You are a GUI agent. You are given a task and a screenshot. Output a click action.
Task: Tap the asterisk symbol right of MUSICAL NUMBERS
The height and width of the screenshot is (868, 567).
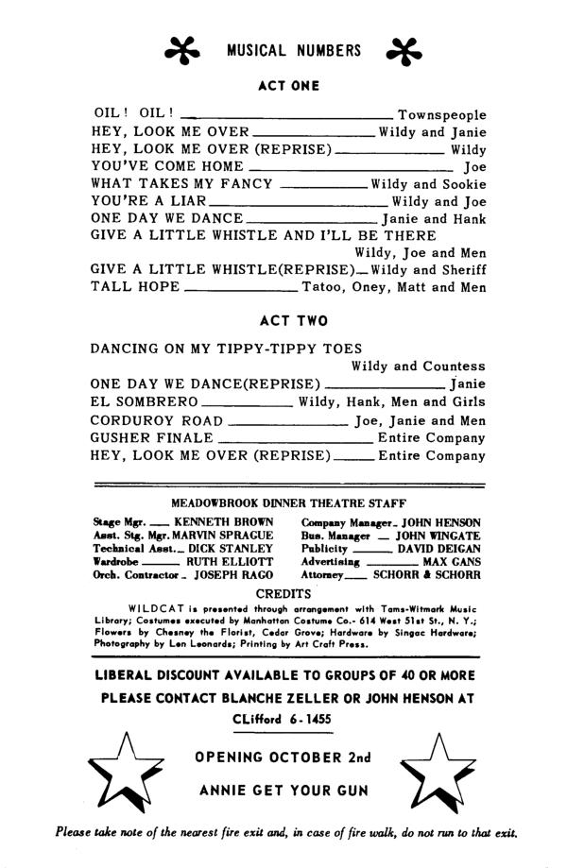tap(404, 51)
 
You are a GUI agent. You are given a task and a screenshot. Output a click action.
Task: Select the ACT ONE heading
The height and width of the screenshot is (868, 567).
tap(288, 86)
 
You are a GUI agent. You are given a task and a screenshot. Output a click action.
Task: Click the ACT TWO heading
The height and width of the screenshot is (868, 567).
tap(288, 321)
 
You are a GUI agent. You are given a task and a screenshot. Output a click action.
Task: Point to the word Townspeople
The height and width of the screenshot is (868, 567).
tap(441, 114)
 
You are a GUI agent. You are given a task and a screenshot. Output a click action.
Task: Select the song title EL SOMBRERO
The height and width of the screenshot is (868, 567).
tap(145, 402)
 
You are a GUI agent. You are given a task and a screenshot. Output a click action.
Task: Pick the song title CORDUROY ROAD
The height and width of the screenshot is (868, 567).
tap(157, 420)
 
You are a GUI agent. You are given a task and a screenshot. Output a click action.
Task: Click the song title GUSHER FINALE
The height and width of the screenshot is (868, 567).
tap(152, 438)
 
